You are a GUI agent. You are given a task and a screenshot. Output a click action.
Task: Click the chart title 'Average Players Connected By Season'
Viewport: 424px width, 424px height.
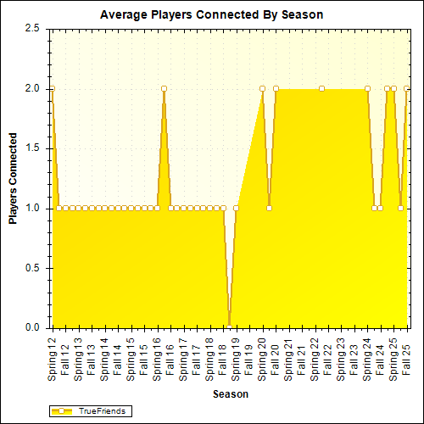pyautogui.click(x=211, y=14)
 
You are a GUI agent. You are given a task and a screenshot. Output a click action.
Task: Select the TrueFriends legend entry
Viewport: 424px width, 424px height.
pyautogui.click(x=90, y=410)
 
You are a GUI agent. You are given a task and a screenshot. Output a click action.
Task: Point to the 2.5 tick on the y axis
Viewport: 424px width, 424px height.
pyautogui.click(x=33, y=28)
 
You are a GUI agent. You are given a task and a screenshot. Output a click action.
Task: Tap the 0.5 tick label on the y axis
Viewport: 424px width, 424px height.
pyautogui.click(x=33, y=268)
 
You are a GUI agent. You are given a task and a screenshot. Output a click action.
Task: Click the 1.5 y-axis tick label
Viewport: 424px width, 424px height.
pyautogui.click(x=33, y=148)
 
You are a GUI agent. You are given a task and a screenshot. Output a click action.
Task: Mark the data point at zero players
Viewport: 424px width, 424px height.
pyautogui.click(x=229, y=327)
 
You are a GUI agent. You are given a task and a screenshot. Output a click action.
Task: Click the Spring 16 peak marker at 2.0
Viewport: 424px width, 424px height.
pyautogui.click(x=164, y=88)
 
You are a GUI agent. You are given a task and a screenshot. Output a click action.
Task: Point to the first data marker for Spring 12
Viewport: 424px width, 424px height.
pyautogui.click(x=53, y=88)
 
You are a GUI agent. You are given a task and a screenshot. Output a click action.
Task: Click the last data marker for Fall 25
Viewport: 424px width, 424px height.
pyautogui.click(x=407, y=88)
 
